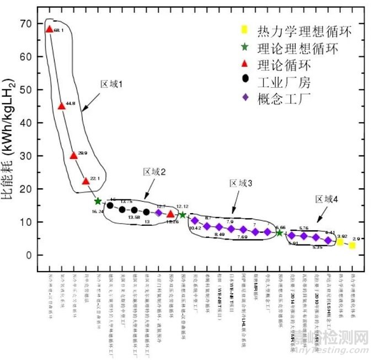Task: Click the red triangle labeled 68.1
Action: coord(49,29)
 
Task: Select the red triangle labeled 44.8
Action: coord(61,105)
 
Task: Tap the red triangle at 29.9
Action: coord(73,155)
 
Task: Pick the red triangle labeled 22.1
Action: coord(85,181)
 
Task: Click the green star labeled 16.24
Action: coord(98,201)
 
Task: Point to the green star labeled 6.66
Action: coord(280,233)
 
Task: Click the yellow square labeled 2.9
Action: coord(352,245)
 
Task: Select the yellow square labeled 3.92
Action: coord(340,242)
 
